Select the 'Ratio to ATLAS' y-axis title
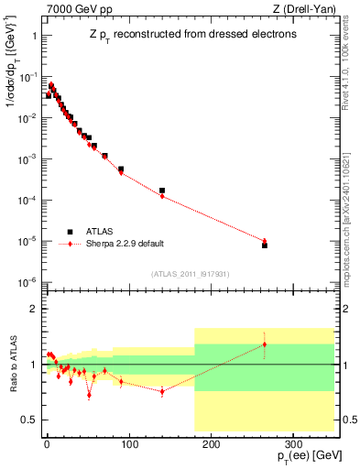tap(16, 362)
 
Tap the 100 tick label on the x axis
tap(128, 442)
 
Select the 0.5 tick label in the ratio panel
tap(29, 420)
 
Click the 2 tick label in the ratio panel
tap(34, 309)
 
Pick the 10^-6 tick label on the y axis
tap(28, 281)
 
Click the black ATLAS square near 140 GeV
tap(162, 191)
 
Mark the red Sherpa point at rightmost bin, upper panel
tap(265, 241)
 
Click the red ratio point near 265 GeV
tap(265, 344)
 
